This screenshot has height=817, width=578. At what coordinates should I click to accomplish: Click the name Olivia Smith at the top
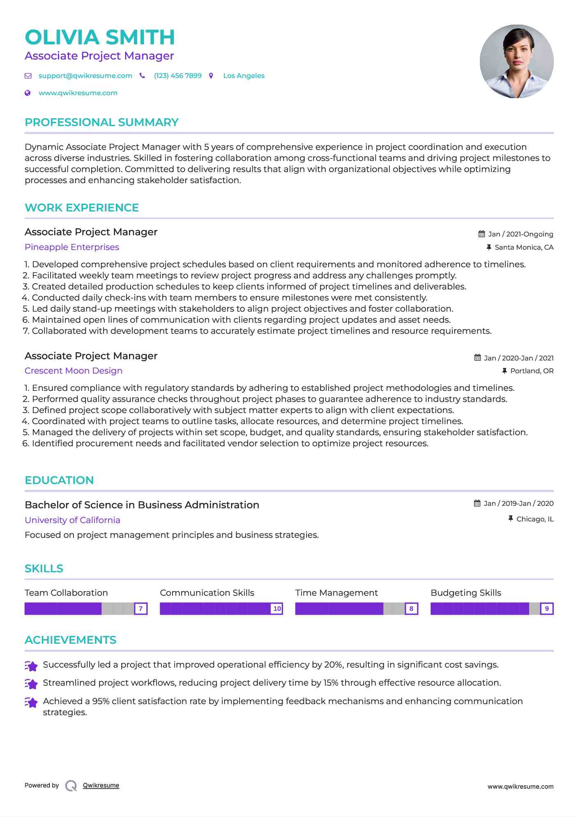(100, 37)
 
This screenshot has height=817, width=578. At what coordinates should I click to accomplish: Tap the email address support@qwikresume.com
(85, 76)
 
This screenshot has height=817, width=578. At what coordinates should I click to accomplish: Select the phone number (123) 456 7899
(177, 76)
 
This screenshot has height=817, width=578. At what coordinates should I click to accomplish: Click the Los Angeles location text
(244, 76)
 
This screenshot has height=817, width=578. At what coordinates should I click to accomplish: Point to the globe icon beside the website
(28, 93)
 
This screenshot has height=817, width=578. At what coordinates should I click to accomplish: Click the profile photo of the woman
(516, 61)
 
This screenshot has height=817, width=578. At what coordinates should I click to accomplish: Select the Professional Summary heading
(101, 122)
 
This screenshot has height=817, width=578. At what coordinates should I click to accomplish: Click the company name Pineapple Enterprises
(72, 247)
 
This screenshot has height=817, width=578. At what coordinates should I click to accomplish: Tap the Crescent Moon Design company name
(74, 371)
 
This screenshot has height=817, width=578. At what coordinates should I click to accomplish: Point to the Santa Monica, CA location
(524, 247)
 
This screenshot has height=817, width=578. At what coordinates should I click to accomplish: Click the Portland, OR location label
(532, 371)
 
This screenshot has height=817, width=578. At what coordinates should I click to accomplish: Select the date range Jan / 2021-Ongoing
(520, 234)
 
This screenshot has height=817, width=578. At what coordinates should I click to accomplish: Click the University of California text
(72, 520)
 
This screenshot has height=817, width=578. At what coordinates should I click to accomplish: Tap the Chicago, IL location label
(535, 519)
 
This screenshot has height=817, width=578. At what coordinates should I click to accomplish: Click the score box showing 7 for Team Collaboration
(140, 608)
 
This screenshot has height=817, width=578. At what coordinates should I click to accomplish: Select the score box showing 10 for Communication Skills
(277, 608)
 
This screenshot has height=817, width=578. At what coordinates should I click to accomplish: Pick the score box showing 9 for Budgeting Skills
(547, 608)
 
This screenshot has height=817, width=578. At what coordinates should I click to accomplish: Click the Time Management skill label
(336, 593)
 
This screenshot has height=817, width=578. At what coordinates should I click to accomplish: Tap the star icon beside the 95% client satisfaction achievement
(31, 702)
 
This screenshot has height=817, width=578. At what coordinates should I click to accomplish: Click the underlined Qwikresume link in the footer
(101, 785)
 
